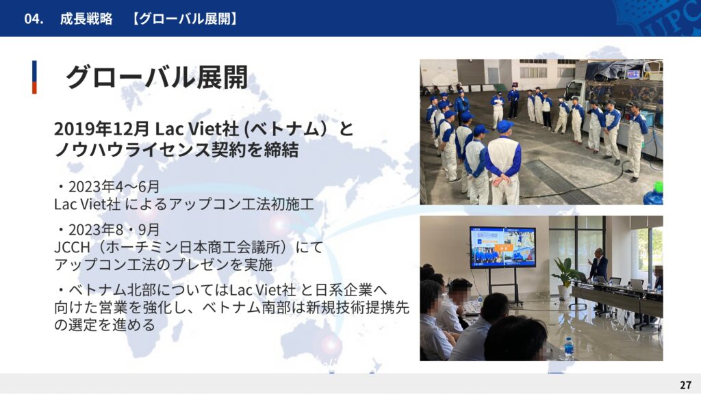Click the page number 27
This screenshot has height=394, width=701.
pos(685,384)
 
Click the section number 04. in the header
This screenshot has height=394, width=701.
pos(34,18)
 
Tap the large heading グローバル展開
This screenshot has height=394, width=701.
pos(157,77)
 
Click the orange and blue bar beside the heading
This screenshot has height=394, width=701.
pos(34,77)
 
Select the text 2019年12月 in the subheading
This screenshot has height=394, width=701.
pos(102,129)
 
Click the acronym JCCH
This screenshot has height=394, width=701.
pos(73,247)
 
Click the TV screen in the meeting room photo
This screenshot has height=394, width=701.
pos(502,247)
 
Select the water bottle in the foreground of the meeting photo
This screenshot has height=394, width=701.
pos(568,347)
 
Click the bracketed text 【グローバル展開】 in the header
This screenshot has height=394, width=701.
pos(185,18)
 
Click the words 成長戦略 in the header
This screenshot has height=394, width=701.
pos(86,18)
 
